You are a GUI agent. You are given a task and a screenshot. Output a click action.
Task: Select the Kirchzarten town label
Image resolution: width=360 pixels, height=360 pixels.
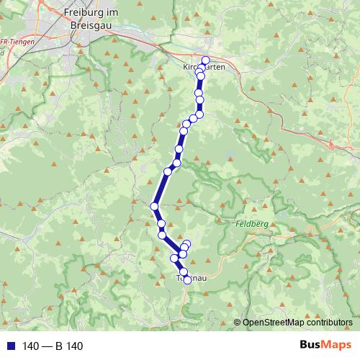tap(204, 67)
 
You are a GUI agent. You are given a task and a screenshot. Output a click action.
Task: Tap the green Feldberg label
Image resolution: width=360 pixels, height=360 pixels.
tap(251, 225)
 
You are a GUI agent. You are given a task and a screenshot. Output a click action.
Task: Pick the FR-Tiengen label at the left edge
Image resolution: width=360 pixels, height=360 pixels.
tap(14, 42)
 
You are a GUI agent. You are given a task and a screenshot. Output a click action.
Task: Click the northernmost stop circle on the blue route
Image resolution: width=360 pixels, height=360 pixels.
tap(205, 60)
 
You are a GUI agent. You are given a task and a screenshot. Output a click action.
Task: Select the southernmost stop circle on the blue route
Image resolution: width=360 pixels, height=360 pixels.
tap(187, 280)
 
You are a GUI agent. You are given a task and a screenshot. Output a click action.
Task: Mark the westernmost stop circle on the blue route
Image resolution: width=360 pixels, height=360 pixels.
tap(154, 207)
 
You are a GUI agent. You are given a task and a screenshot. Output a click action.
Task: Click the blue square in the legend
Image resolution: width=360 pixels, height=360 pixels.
tap(8, 346)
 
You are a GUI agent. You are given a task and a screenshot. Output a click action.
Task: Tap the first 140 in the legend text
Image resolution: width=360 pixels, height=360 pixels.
tap(30, 346)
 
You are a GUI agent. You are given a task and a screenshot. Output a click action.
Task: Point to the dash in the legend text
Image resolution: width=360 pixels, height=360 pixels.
tap(48, 346)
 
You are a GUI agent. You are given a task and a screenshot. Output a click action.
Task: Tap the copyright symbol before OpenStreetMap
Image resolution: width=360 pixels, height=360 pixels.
tap(238, 323)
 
